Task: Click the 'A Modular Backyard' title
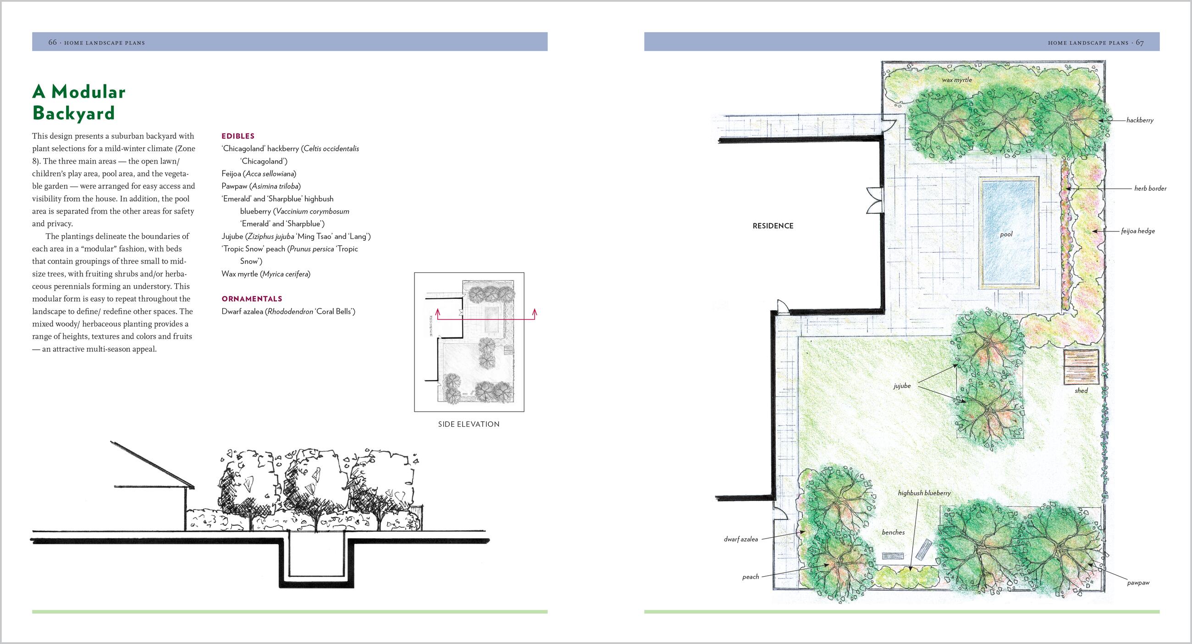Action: click(79, 102)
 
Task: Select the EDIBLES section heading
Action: click(238, 136)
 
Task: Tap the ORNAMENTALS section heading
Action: click(252, 299)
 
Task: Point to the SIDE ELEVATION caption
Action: click(469, 424)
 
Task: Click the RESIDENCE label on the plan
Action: click(773, 226)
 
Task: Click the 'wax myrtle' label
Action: click(957, 80)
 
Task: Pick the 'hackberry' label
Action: click(1140, 120)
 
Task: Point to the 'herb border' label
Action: click(1150, 188)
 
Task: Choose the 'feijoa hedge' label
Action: click(1138, 231)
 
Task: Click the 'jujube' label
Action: click(902, 386)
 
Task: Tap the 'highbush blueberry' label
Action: click(924, 493)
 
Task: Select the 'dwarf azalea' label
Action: click(741, 539)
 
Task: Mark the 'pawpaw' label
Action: click(1138, 583)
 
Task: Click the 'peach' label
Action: click(751, 577)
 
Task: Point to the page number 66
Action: click(52, 43)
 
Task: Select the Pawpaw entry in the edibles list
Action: click(261, 187)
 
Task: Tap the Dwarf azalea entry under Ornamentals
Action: click(288, 312)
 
